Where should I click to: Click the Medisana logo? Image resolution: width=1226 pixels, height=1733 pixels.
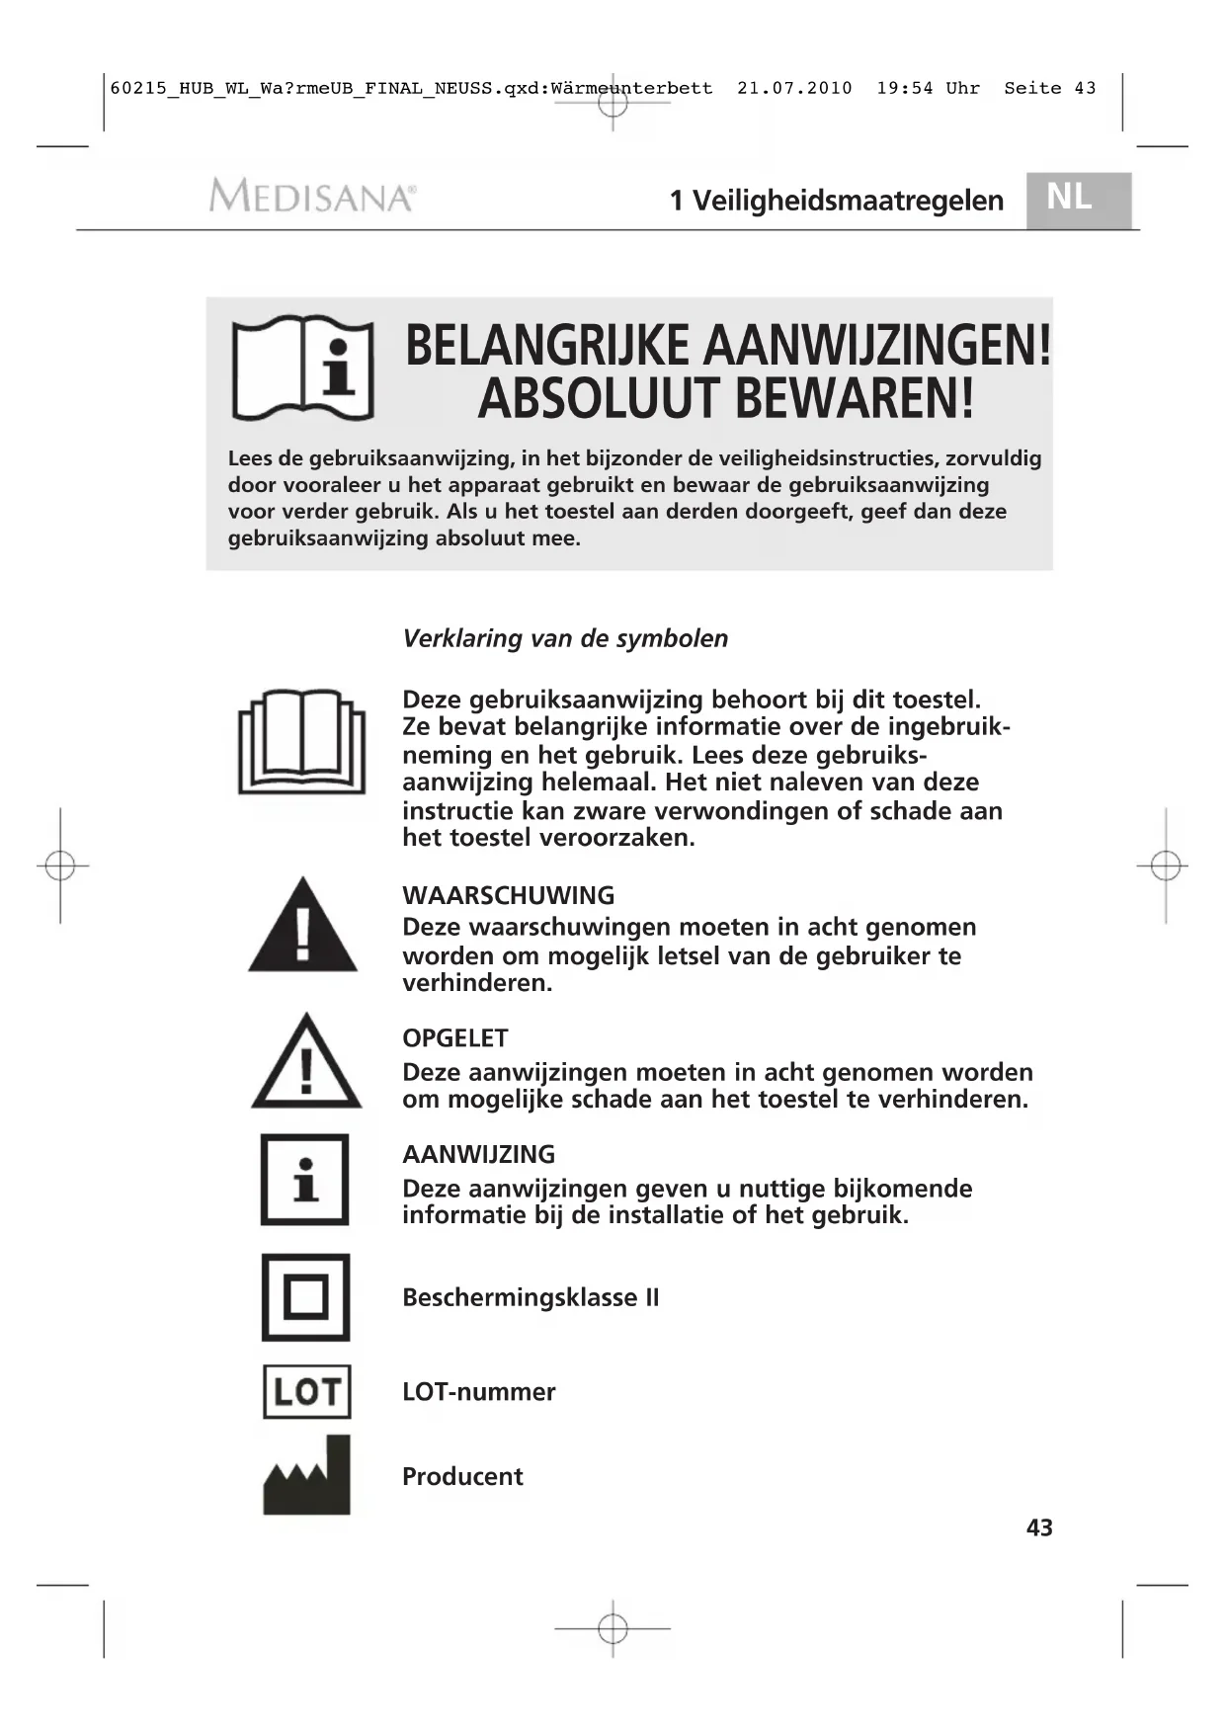(x=312, y=196)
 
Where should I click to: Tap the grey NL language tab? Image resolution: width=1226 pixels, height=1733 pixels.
(x=1078, y=199)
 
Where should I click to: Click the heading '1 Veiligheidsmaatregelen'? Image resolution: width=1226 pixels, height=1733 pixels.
(x=836, y=201)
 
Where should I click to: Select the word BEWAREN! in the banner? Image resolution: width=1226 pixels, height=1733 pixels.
(x=856, y=399)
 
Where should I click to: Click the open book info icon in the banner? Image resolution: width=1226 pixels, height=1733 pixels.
(x=303, y=369)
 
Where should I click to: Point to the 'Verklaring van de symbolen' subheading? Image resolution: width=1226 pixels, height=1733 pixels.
(x=565, y=638)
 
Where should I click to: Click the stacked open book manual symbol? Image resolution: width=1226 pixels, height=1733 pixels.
(x=301, y=742)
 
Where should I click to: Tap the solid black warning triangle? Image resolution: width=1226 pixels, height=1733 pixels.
(x=302, y=926)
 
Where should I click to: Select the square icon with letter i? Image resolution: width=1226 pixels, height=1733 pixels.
(x=305, y=1180)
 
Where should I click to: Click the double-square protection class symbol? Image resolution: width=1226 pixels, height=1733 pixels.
(x=305, y=1297)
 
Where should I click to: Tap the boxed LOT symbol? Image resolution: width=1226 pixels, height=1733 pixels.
(x=306, y=1391)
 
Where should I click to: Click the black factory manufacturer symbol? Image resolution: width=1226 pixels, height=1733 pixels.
(x=306, y=1476)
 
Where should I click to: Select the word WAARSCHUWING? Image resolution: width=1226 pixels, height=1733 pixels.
(x=508, y=896)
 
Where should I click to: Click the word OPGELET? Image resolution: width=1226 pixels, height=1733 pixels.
(x=454, y=1038)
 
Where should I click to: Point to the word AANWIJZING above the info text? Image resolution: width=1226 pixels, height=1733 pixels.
(x=478, y=1154)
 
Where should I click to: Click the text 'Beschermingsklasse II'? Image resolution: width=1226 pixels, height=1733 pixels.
(x=531, y=1297)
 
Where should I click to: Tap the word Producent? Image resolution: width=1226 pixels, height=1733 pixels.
(x=462, y=1476)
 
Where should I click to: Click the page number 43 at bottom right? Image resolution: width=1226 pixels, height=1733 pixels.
(x=1039, y=1527)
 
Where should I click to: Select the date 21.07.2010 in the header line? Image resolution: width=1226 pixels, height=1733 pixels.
(x=794, y=88)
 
